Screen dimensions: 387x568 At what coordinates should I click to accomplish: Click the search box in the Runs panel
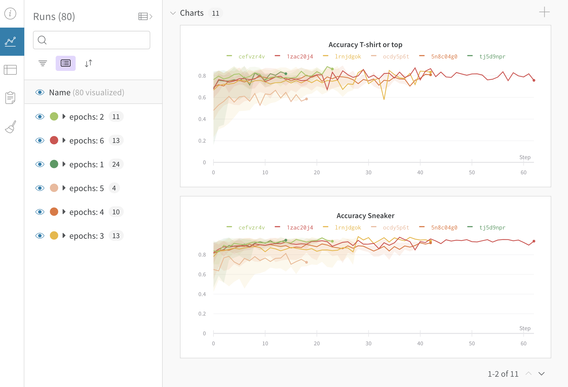91,40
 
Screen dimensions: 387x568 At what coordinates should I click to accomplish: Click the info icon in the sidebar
10,13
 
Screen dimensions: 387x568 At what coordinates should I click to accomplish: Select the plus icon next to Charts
544,12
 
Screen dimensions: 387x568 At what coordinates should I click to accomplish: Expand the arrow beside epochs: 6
64,140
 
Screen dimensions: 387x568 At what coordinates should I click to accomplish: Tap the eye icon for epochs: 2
40,117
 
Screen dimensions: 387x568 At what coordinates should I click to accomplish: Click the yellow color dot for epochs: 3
54,235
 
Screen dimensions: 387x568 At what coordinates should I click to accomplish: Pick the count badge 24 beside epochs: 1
116,164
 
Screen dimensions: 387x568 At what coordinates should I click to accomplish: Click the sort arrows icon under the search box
88,63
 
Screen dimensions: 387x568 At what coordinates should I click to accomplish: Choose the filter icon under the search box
43,63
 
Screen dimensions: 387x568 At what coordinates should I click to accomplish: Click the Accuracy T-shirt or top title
365,45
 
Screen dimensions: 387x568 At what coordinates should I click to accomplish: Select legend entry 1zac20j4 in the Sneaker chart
300,228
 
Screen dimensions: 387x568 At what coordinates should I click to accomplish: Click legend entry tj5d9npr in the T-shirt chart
492,57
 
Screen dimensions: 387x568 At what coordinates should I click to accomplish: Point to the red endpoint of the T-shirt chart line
534,80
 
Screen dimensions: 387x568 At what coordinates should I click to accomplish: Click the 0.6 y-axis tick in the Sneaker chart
202,274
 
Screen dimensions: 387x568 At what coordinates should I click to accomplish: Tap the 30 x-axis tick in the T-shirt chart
368,172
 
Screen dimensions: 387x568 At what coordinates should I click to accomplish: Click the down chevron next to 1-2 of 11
541,374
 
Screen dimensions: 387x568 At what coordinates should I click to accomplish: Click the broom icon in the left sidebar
11,127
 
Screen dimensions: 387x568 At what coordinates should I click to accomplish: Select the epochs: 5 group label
86,188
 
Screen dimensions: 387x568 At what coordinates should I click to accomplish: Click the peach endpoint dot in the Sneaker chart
306,262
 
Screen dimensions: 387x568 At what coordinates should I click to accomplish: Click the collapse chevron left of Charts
173,13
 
